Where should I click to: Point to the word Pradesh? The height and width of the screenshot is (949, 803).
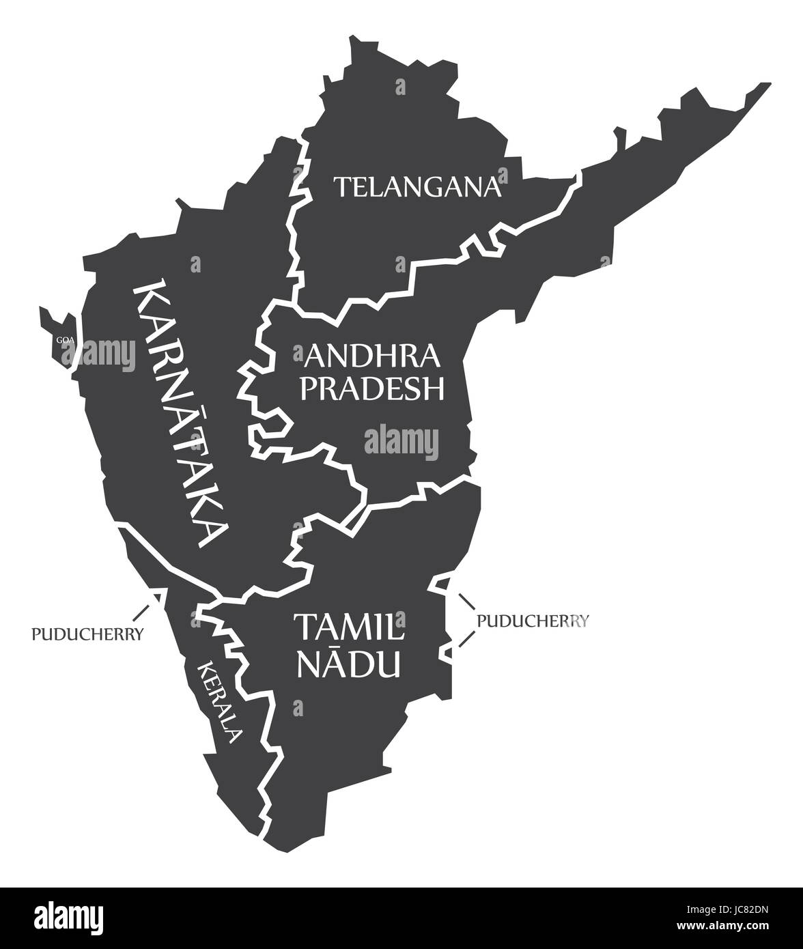374,388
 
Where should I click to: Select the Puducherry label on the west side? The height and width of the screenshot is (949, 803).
87,634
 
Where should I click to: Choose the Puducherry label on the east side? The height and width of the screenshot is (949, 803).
533,621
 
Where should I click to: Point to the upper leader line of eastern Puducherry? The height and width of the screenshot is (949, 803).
466,601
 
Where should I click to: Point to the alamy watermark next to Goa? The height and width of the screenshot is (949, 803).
99,353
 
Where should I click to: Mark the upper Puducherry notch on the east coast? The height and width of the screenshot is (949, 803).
442,584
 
